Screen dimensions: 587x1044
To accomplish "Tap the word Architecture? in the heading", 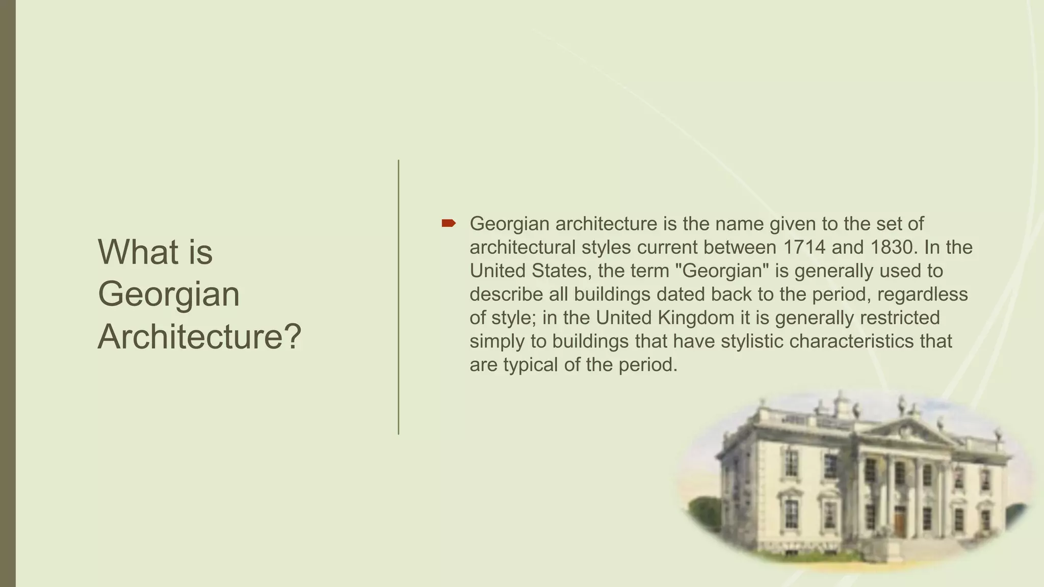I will click(x=199, y=337).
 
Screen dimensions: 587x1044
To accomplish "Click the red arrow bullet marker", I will click(x=448, y=223).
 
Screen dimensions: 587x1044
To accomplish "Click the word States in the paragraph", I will click(x=561, y=271).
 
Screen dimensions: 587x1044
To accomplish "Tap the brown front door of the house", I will click(x=900, y=522).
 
